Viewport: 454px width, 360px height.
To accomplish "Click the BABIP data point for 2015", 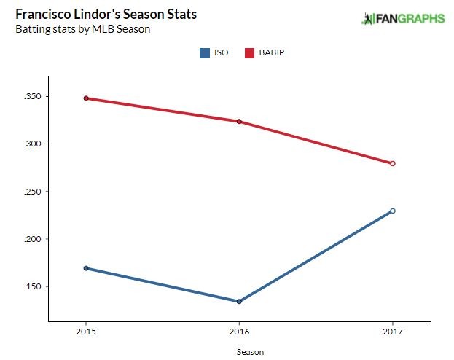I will point(86,98).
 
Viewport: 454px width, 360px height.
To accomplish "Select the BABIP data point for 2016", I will point(239,122).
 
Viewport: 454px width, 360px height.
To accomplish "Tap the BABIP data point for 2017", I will point(393,163).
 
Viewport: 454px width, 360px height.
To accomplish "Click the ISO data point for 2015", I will point(86,268).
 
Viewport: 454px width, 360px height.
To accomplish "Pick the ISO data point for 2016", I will point(239,301).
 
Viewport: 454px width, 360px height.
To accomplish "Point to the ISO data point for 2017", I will point(393,211).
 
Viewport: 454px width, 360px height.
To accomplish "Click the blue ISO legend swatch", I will point(204,52).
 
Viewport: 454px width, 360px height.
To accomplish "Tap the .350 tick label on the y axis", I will point(32,97).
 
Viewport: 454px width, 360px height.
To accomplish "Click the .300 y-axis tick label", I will point(32,144).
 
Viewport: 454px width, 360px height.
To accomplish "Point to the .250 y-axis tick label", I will point(32,192).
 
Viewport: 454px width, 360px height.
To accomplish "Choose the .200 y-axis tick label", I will point(32,239).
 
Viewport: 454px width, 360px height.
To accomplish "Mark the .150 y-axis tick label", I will point(32,286).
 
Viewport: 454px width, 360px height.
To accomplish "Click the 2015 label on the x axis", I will point(86,332).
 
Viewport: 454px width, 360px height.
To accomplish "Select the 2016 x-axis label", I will point(239,332).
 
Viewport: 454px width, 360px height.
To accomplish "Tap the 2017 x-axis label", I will point(393,332).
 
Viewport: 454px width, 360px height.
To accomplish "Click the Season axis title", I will point(250,351).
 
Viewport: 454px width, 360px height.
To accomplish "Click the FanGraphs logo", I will point(403,18).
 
